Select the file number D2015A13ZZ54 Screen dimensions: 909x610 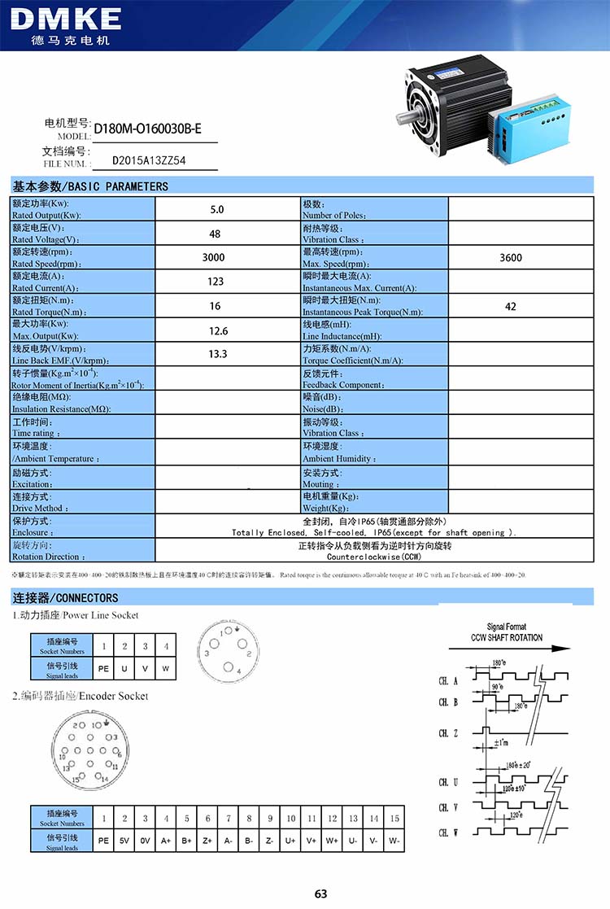(x=149, y=160)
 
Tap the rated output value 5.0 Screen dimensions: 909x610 (x=217, y=209)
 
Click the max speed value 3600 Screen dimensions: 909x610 (x=511, y=258)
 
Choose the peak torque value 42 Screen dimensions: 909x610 (x=511, y=307)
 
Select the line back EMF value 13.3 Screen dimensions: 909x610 (x=217, y=354)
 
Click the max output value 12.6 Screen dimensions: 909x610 (x=218, y=330)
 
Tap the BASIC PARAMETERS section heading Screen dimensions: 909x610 (x=89, y=186)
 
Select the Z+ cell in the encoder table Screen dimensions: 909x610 (x=207, y=840)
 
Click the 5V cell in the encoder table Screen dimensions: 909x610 (x=124, y=840)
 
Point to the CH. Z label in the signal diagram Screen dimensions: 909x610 (x=448, y=733)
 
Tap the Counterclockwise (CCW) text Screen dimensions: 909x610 (x=374, y=557)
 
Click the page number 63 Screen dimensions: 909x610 (x=320, y=894)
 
